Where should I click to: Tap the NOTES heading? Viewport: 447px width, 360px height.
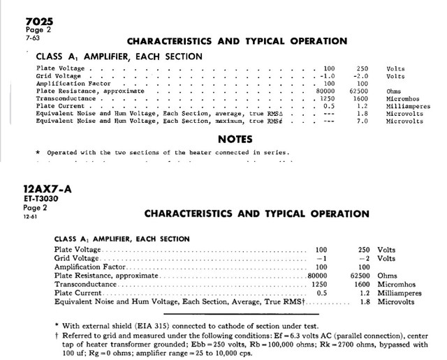coord(230,139)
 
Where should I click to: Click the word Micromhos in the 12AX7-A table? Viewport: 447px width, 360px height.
coord(400,285)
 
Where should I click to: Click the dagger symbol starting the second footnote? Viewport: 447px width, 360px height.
coord(56,334)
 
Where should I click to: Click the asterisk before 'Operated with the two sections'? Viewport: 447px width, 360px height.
coord(38,152)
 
